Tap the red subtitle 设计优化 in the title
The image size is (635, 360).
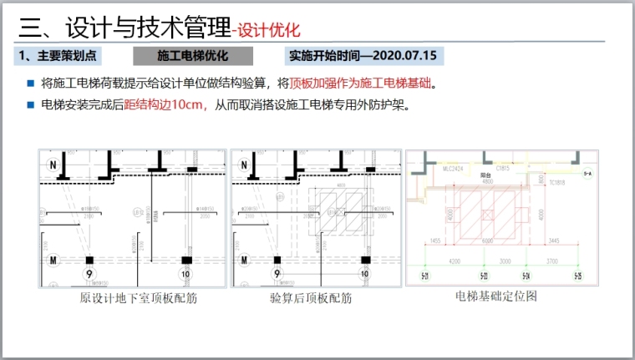pos(268,31)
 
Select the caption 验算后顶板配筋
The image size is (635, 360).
pos(311,298)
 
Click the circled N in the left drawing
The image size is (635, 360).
pos(52,164)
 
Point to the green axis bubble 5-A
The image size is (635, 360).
pos(587,173)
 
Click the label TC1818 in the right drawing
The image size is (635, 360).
pos(557,182)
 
